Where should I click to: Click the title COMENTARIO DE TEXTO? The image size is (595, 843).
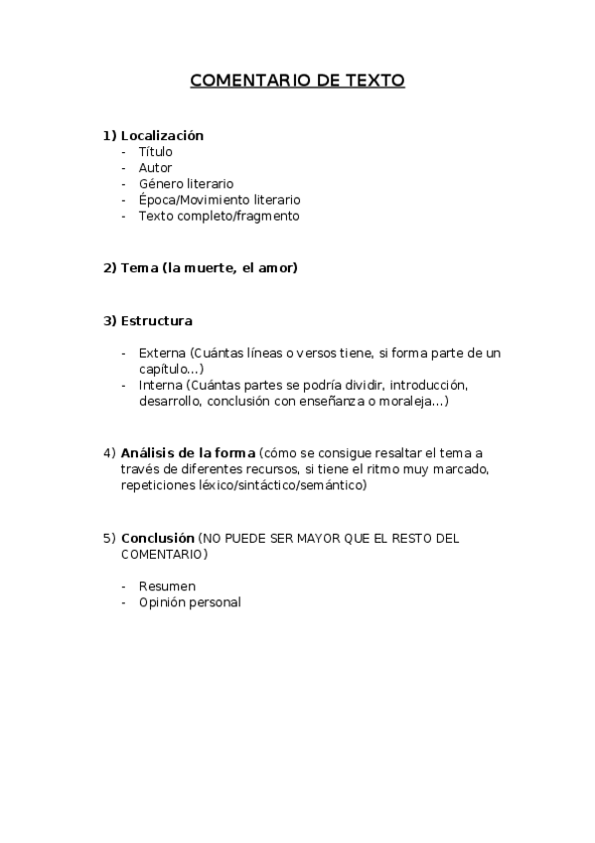[297, 81]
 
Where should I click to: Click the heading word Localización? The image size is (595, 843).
[162, 135]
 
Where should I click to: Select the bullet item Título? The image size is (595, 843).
[155, 151]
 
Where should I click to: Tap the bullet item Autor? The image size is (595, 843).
[155, 167]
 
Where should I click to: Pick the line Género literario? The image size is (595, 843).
[186, 183]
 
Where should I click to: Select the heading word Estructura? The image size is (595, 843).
[156, 320]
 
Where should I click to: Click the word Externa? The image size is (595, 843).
[162, 353]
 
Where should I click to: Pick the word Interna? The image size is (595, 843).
[160, 385]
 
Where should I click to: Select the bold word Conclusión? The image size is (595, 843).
[157, 538]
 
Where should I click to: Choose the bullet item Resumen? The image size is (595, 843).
[167, 586]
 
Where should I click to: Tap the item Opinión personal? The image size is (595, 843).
[189, 601]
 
